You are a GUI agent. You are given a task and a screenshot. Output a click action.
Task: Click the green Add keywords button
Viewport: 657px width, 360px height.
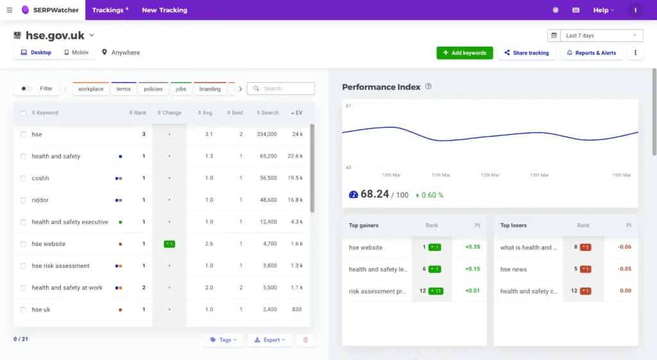pyautogui.click(x=465, y=53)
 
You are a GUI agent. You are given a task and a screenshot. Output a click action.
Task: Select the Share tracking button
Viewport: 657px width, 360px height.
pyautogui.click(x=526, y=53)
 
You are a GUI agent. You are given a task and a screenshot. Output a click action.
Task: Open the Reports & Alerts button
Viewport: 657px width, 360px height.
pyautogui.click(x=591, y=53)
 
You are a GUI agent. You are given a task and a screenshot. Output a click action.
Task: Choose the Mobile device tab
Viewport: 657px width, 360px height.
pyautogui.click(x=76, y=53)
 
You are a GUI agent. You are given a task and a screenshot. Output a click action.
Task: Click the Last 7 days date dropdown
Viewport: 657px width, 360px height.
pyautogui.click(x=595, y=35)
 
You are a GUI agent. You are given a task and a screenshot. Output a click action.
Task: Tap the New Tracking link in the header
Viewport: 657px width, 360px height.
pyautogui.click(x=164, y=10)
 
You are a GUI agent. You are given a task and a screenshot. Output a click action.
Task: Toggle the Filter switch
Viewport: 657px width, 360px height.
pyautogui.click(x=27, y=89)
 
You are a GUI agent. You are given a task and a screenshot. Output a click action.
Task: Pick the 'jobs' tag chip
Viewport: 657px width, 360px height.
pyautogui.click(x=181, y=89)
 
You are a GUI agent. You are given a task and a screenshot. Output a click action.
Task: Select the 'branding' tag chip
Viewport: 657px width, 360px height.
pyautogui.click(x=210, y=89)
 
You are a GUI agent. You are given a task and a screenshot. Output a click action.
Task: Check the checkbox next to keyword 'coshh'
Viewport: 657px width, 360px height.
pyautogui.click(x=23, y=178)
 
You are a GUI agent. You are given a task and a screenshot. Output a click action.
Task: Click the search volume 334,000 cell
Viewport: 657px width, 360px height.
pyautogui.click(x=266, y=134)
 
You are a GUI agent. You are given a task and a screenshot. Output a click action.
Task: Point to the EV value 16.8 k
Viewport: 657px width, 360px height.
pyautogui.click(x=295, y=200)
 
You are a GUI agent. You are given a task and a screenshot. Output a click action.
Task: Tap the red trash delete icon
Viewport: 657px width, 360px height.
pyautogui.click(x=305, y=340)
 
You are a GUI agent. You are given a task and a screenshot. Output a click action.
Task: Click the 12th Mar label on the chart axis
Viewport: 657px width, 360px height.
pyautogui.click(x=490, y=175)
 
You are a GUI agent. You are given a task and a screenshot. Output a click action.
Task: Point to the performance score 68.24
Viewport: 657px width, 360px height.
pyautogui.click(x=375, y=194)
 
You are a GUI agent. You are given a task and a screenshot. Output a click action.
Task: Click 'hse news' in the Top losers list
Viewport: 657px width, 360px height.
pyautogui.click(x=513, y=270)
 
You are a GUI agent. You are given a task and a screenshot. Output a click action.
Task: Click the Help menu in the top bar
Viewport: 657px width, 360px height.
pyautogui.click(x=603, y=10)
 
